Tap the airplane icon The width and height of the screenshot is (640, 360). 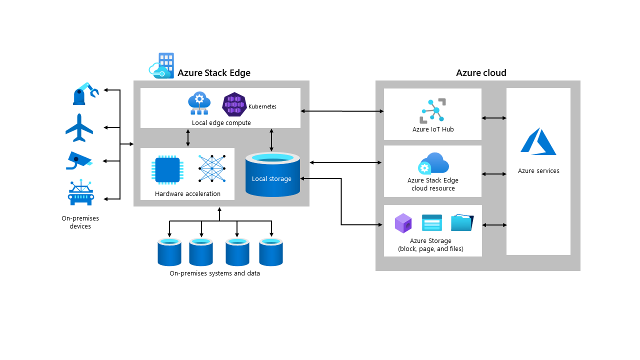coord(79,127)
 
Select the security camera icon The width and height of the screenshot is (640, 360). coord(79,160)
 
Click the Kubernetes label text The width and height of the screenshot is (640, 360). coord(262,106)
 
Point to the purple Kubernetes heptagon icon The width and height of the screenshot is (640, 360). coord(234,104)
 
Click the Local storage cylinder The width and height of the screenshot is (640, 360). coord(272,174)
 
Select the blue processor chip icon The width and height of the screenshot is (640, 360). coord(167,169)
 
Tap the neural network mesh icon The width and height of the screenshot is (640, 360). coord(212,168)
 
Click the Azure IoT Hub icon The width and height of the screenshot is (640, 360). coord(433,111)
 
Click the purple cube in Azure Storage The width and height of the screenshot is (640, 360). coord(403,223)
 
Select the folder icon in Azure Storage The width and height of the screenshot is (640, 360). coord(462,222)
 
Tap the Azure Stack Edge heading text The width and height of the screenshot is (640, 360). coord(214,73)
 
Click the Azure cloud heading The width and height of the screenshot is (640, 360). coord(481,73)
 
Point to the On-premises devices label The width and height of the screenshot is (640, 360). coord(80,222)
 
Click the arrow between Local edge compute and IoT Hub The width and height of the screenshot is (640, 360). coord(342,111)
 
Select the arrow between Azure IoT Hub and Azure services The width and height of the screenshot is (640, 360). coord(494,118)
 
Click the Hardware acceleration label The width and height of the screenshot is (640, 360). coord(187,193)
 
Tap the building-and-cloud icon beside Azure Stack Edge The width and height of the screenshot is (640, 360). coord(161,65)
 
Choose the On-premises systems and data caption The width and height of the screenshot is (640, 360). coord(214,273)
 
